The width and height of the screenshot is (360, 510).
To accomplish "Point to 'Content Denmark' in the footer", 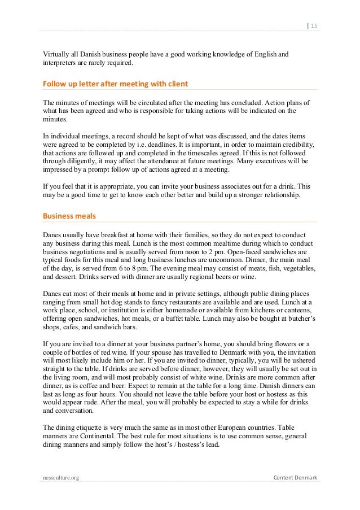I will point(295,478).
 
